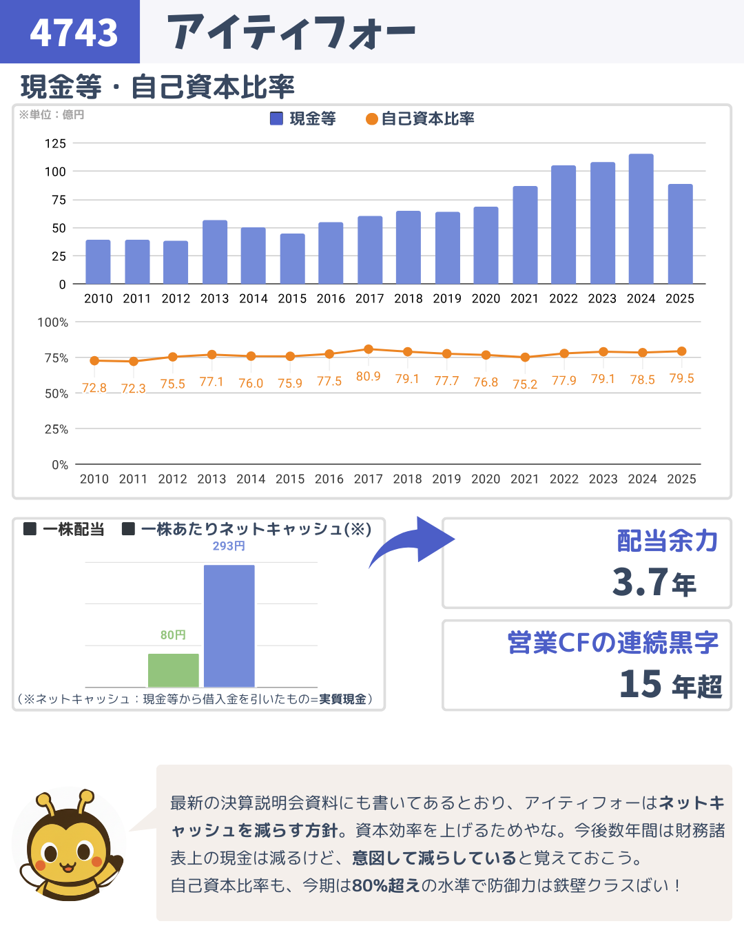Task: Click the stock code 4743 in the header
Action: [74, 32]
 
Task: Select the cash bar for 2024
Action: [641, 219]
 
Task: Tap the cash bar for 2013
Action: [214, 252]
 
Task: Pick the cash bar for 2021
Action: [525, 235]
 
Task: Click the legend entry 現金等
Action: [303, 118]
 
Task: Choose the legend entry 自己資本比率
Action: [420, 118]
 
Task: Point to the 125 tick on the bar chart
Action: [56, 143]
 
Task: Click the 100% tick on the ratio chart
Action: [53, 322]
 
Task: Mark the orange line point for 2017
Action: [369, 349]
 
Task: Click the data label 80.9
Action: [369, 376]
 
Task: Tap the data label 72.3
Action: [134, 389]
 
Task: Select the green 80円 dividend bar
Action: [174, 670]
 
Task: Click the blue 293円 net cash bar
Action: [229, 626]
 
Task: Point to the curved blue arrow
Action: [413, 540]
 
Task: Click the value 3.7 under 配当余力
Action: [640, 582]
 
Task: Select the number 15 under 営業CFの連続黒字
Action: [641, 684]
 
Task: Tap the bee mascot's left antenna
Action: [46, 803]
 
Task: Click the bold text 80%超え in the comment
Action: [386, 885]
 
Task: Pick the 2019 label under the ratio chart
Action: [446, 479]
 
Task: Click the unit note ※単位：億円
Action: [52, 114]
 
